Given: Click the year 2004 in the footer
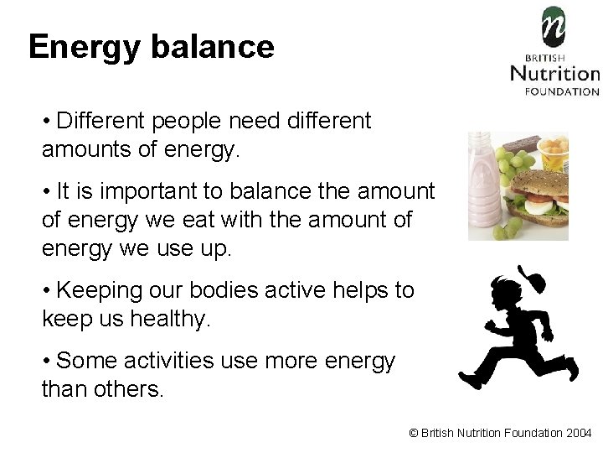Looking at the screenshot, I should point(579,433).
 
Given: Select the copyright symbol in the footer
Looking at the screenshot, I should point(413,433).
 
